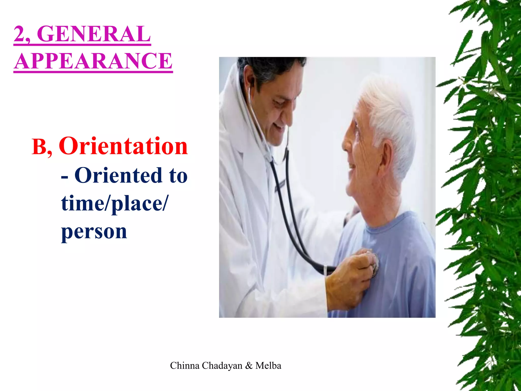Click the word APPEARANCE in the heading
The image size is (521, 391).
coord(93,61)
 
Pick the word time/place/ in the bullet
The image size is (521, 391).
coord(114,204)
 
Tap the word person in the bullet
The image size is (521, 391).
coord(94,232)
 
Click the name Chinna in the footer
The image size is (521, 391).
coord(185,366)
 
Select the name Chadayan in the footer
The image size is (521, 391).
coord(222,366)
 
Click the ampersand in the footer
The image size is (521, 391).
coord(249,366)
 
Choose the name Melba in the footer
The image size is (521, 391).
coord(268,366)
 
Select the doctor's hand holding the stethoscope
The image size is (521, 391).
coord(349,277)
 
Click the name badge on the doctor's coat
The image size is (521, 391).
coord(280,186)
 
